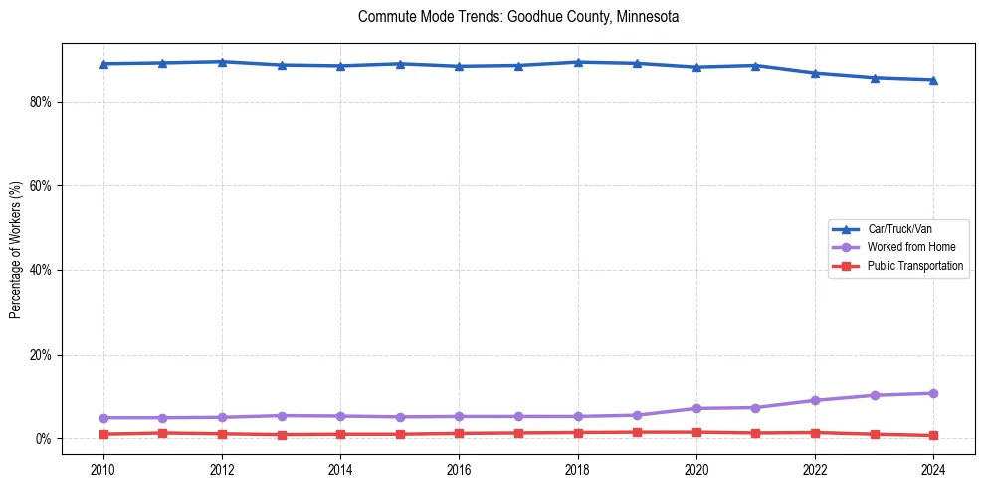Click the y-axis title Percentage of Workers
coord(15,249)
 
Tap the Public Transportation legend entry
coord(914,266)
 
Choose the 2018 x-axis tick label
coord(578,468)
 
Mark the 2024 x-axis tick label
coord(933,468)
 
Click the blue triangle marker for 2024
coord(933,80)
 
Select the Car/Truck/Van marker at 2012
coord(222,62)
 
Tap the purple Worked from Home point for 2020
coord(696,409)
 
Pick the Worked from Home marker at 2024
coord(933,393)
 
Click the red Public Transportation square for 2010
coord(103,434)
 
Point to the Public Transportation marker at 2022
coord(815,433)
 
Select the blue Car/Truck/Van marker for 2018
coord(578,62)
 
